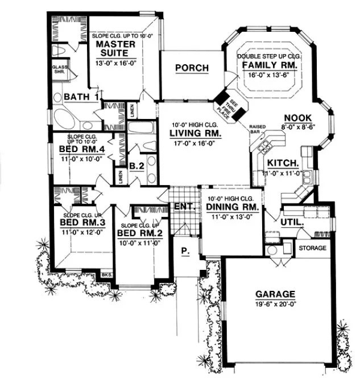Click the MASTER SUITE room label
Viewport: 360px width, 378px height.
[115, 49]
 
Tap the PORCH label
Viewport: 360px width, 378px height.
[192, 68]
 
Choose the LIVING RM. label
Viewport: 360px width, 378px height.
[195, 134]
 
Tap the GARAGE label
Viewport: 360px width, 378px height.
[275, 294]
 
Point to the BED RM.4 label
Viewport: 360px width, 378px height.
[82, 150]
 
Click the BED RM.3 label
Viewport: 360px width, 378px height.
[82, 222]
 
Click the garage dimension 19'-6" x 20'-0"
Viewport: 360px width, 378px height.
[275, 304]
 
